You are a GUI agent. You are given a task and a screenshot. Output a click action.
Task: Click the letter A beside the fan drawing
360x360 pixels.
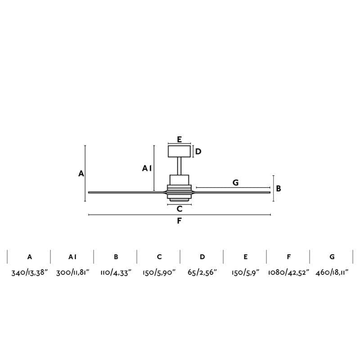[x=81, y=174]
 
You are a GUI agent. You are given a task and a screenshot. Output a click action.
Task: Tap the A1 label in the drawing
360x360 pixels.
[x=147, y=168]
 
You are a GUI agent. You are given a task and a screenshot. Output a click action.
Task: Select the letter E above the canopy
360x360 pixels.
[x=179, y=139]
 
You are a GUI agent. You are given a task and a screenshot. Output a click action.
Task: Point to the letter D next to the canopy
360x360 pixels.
[x=198, y=152]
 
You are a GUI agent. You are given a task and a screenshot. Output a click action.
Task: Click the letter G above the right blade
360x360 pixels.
[x=235, y=183]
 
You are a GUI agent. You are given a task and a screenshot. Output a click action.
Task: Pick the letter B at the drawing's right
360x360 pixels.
[x=279, y=189]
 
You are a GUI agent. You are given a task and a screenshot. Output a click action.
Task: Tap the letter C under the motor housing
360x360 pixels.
[x=180, y=209]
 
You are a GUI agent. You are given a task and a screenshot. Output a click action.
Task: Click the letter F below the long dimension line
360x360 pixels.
[x=179, y=220]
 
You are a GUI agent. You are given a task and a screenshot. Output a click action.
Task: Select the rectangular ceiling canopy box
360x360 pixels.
[x=179, y=151]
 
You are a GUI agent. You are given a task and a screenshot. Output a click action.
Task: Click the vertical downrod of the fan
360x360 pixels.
[x=180, y=166]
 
